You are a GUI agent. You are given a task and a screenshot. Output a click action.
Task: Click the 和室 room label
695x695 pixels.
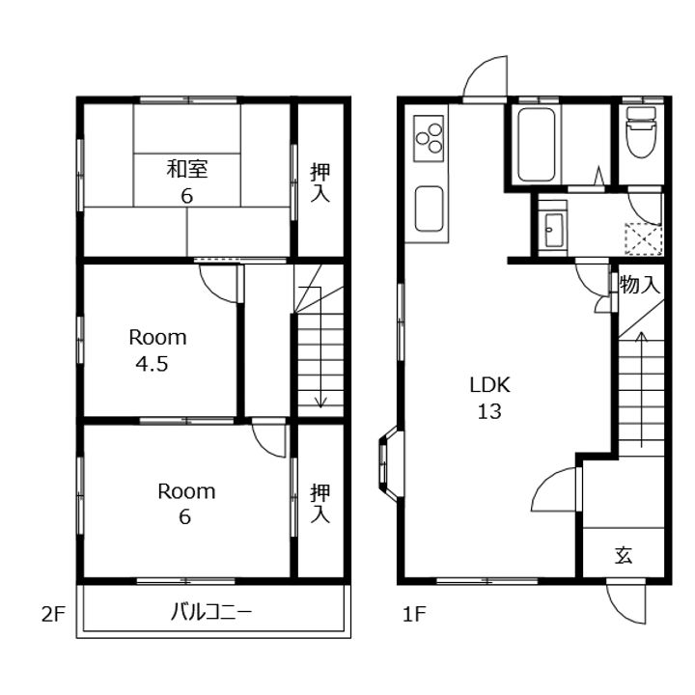click(x=187, y=169)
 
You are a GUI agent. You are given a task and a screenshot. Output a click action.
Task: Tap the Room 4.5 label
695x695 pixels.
click(x=157, y=350)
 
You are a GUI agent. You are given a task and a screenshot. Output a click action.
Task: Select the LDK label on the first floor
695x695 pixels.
click(x=489, y=385)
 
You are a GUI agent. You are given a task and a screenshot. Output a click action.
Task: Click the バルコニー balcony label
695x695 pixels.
click(x=211, y=613)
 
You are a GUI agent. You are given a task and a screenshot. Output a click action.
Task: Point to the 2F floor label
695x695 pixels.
click(x=53, y=614)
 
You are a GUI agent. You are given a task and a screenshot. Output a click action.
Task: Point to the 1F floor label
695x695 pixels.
click(x=414, y=614)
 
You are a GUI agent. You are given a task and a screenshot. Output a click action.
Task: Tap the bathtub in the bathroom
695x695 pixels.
click(x=536, y=144)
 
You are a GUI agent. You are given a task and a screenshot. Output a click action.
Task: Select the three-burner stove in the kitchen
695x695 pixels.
click(x=429, y=138)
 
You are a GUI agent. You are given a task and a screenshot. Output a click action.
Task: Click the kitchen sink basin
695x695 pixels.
click(x=429, y=208)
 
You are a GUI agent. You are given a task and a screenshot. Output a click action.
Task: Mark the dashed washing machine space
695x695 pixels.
click(x=643, y=239)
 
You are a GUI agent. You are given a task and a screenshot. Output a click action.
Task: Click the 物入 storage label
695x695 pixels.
click(x=640, y=284)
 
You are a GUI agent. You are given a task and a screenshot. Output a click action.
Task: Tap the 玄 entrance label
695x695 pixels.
click(x=624, y=555)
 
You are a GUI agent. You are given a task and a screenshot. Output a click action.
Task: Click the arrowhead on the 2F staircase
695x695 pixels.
click(x=320, y=403)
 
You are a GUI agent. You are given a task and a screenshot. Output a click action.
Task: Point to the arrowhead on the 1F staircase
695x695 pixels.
click(x=641, y=336)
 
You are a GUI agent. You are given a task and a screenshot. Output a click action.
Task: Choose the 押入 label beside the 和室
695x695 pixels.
click(x=320, y=182)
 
